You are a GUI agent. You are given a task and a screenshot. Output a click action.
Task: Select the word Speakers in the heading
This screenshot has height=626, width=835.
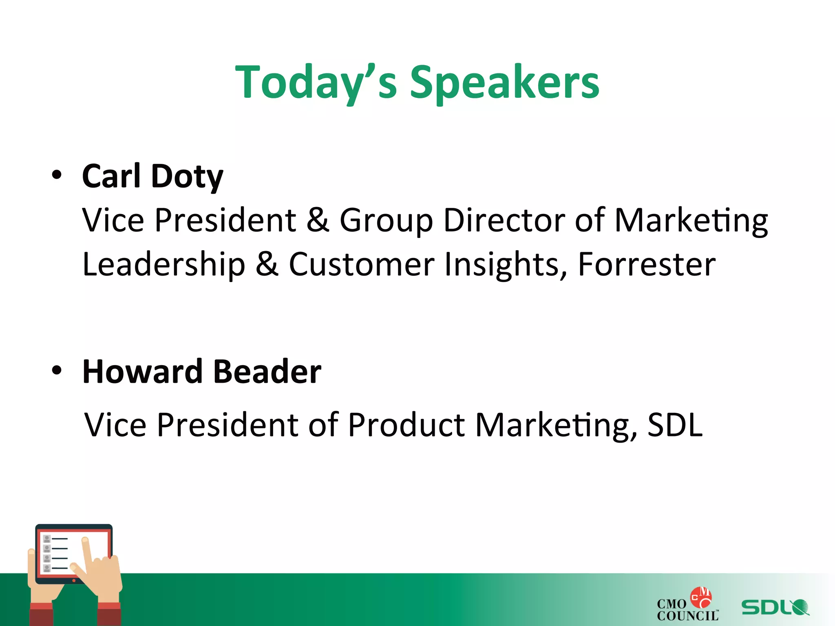pyautogui.click(x=504, y=83)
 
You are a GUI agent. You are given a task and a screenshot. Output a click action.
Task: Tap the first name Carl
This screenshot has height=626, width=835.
pyautogui.click(x=111, y=176)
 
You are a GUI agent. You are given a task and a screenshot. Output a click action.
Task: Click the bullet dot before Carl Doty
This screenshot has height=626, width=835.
pyautogui.click(x=57, y=175)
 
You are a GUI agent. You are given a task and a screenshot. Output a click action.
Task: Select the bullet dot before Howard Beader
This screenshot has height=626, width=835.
pyautogui.click(x=57, y=370)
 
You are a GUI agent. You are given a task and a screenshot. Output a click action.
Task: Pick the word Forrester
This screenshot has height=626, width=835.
pyautogui.click(x=647, y=265)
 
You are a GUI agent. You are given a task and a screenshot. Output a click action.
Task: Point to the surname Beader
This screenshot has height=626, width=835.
pyautogui.click(x=267, y=372)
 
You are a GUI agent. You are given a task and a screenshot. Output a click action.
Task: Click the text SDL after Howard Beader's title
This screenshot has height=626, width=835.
pyautogui.click(x=675, y=425)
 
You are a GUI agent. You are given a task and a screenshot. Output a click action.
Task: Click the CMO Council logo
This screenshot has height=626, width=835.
pyautogui.click(x=687, y=605)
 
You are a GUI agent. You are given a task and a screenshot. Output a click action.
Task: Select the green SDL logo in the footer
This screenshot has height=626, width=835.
pyautogui.click(x=775, y=607)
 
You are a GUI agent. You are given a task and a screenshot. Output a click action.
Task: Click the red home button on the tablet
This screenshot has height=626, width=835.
pyautogui.click(x=74, y=580)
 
